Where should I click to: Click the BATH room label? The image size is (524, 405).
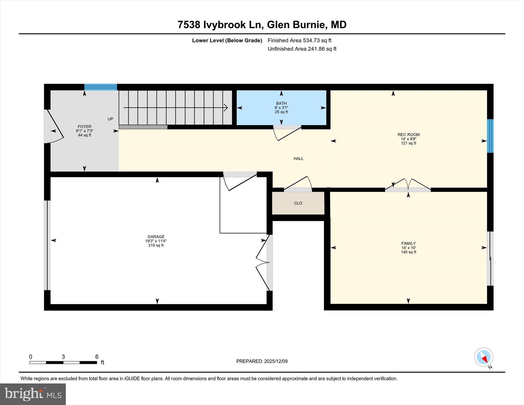click(x=281, y=103)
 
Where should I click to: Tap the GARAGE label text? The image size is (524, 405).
click(x=156, y=237)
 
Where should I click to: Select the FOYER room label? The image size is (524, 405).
click(x=84, y=127)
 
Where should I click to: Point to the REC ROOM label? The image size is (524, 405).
click(x=408, y=135)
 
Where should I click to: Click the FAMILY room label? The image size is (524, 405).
click(x=408, y=243)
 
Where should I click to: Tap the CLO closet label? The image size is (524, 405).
click(x=298, y=203)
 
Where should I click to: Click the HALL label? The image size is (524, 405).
click(x=298, y=159)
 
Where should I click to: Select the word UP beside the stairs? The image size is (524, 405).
click(x=110, y=119)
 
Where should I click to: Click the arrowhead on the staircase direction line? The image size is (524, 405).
click(x=226, y=108)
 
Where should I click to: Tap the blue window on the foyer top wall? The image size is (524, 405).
click(x=101, y=87)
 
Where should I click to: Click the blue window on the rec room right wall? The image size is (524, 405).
click(x=490, y=136)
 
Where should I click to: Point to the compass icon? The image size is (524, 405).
click(x=484, y=357)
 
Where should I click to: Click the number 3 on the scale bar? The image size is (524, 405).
click(x=63, y=357)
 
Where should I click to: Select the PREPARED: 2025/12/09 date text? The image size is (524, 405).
click(x=262, y=361)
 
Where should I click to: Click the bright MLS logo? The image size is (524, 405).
click(x=33, y=394)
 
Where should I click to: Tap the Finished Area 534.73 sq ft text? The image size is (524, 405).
click(x=299, y=40)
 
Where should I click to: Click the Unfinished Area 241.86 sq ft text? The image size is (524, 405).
click(x=302, y=49)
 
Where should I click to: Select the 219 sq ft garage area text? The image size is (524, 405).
click(x=156, y=245)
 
